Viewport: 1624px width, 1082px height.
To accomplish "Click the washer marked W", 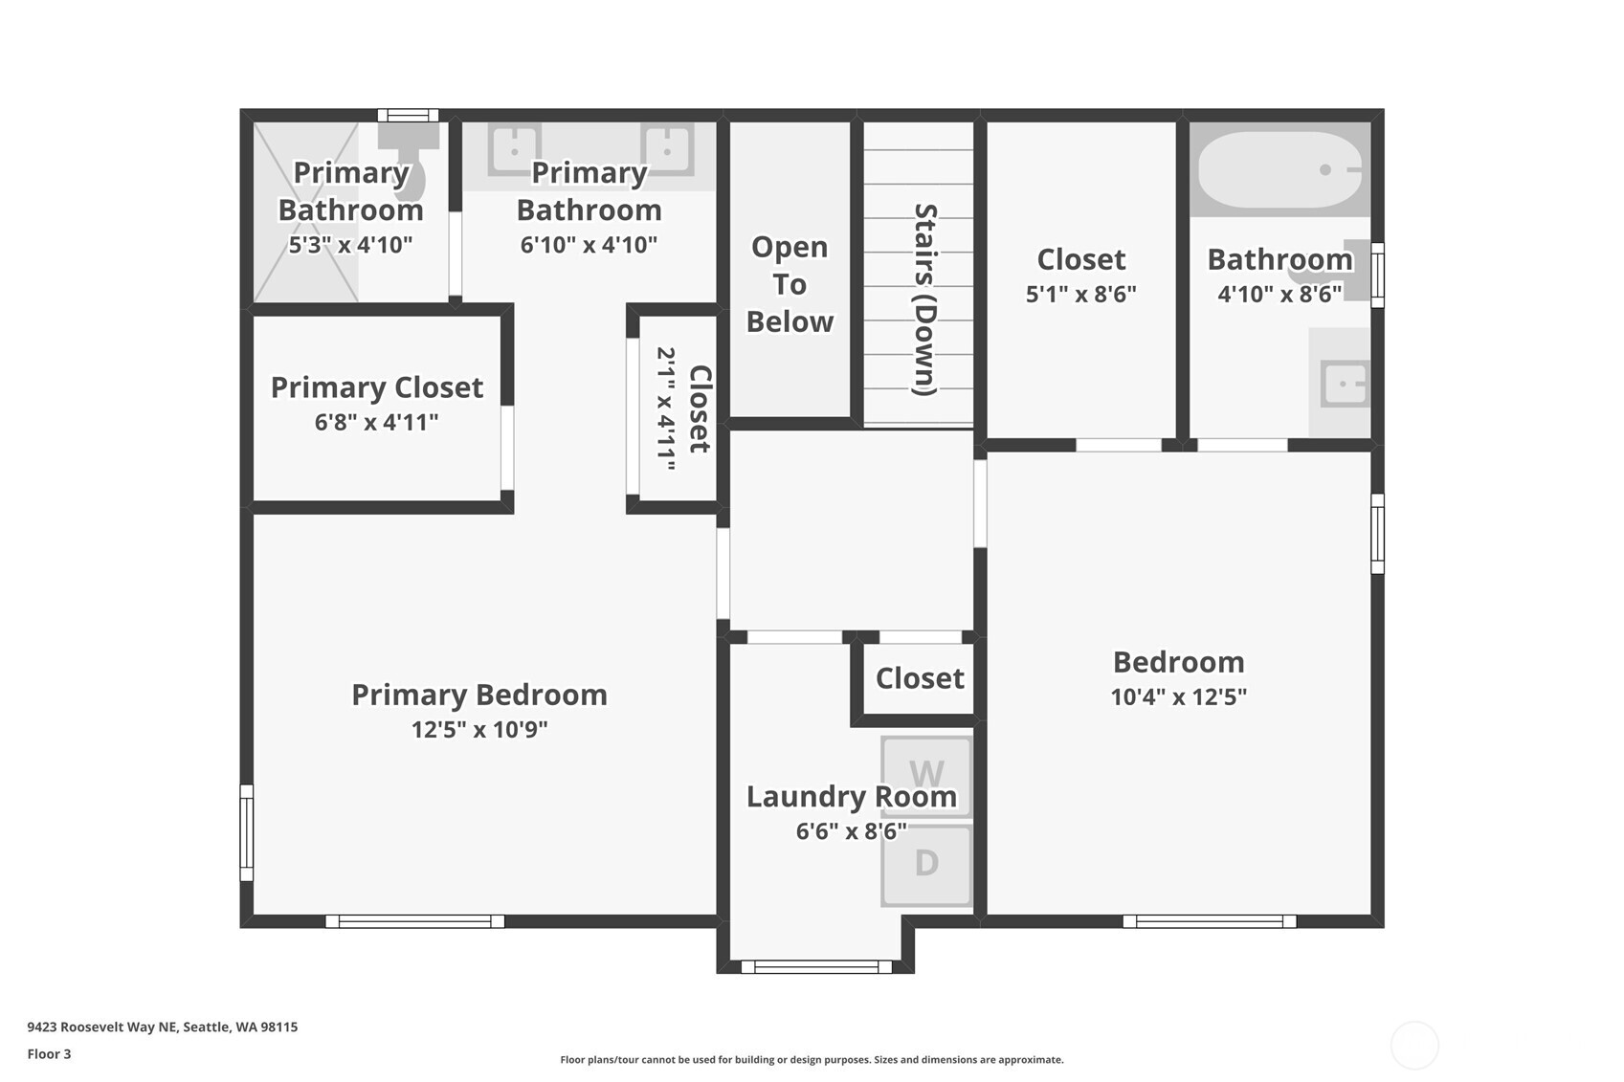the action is coord(925,778).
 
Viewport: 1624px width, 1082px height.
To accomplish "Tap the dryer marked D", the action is coord(925,865).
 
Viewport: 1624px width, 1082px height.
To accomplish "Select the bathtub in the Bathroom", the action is coord(1279,169).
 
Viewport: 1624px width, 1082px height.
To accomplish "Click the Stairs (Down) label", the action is coord(925,299).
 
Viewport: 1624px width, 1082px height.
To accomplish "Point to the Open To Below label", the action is coord(790,284).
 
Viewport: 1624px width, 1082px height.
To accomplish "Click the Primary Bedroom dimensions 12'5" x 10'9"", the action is coord(479,729).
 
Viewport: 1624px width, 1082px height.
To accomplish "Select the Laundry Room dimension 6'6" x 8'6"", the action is coord(851,830).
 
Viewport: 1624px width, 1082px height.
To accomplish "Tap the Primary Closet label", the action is coord(377,387).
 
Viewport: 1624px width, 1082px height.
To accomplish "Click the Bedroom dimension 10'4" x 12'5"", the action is coord(1179,696).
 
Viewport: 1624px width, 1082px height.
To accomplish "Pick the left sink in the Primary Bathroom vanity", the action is coord(514,150).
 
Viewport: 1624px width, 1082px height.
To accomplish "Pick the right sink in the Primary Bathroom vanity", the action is coord(667,150).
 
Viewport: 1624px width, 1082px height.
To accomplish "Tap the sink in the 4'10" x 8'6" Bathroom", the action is coord(1345,384).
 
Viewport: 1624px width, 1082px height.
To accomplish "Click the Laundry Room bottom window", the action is coord(815,967).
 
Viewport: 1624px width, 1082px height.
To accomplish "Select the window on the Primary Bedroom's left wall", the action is coord(247,832).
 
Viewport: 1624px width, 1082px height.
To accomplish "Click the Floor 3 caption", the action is coord(50,1053).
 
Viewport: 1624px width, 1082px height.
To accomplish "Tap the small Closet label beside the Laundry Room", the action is coord(920,678).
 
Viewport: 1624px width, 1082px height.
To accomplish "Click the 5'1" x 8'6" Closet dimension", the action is coord(1081,294).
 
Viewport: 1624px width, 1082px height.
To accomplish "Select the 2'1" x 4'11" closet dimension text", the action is coord(666,409).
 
